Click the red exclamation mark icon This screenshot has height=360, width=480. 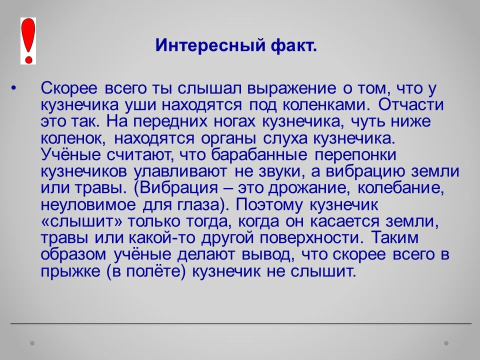tap(28, 40)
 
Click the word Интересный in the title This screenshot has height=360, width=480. tap(210, 45)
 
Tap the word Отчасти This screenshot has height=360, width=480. tap(410, 104)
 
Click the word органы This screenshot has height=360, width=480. tap(228, 138)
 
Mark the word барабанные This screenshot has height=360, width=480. tap(258, 155)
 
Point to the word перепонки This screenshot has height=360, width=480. tap(355, 155)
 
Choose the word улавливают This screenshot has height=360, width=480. tap(180, 171)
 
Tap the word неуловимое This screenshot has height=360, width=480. tap(88, 205)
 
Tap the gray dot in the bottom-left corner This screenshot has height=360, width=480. tap(32, 343)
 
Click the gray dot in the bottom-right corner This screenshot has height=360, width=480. tap(446, 343)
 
